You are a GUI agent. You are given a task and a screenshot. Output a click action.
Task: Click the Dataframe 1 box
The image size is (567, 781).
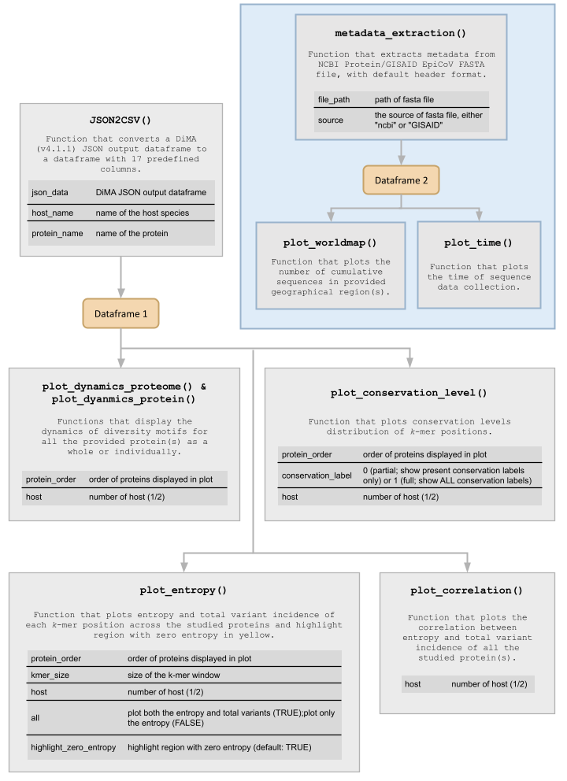tap(120, 313)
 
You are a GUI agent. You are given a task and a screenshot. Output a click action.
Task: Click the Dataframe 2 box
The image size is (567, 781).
tap(401, 180)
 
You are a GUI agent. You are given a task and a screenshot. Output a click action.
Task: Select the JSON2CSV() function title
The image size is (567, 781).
tap(121, 120)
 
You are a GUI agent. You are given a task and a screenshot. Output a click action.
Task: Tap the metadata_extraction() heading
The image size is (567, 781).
tap(400, 33)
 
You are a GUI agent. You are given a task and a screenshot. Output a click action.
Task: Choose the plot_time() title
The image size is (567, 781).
tap(478, 242)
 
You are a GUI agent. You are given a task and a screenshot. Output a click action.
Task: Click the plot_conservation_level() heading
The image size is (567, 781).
tap(409, 392)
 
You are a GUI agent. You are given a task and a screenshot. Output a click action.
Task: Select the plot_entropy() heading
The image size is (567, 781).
tap(183, 590)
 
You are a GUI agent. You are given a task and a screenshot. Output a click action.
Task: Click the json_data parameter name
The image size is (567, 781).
tap(49, 192)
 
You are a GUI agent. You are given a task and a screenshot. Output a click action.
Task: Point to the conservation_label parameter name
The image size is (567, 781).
tap(317, 476)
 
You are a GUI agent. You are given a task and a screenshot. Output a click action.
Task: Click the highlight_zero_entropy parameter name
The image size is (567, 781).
tap(74, 746)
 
